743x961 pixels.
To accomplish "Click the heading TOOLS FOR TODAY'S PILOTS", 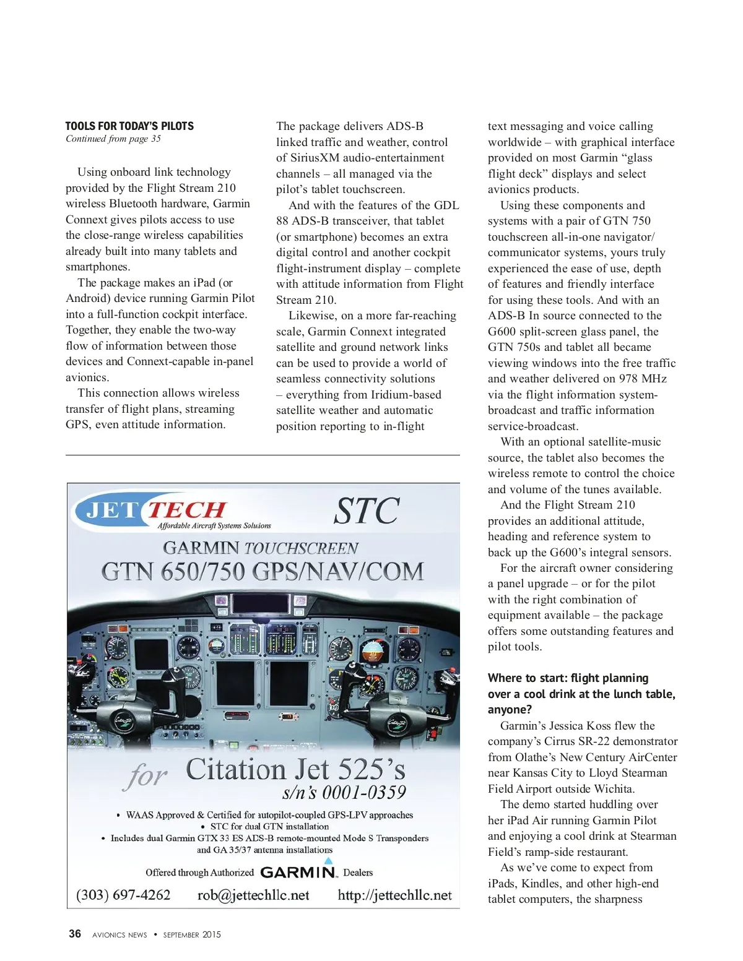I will click(x=129, y=126).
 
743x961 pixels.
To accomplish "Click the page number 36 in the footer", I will click(x=74, y=934).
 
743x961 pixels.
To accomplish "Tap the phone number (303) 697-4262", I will click(x=123, y=895).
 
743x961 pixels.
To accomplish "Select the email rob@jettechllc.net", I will click(x=253, y=895).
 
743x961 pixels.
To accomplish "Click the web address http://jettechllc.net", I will click(x=394, y=895).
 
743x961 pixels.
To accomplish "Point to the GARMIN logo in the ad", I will click(x=298, y=872).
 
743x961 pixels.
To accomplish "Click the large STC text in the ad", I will click(x=367, y=511).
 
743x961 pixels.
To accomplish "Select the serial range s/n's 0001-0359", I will click(x=344, y=793).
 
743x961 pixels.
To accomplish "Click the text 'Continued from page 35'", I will click(x=113, y=139).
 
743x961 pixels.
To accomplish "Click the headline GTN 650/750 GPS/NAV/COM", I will click(x=263, y=571).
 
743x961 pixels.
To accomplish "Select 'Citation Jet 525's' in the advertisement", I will click(x=296, y=770).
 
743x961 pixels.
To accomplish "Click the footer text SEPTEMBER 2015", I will click(x=192, y=934).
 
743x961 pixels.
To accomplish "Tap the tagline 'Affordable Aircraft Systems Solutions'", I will click(x=214, y=526).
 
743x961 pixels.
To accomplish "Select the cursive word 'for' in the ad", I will click(x=146, y=776).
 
